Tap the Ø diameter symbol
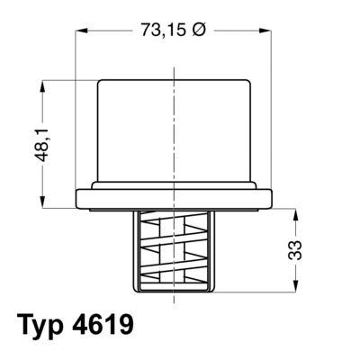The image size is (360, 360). coord(199,30)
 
